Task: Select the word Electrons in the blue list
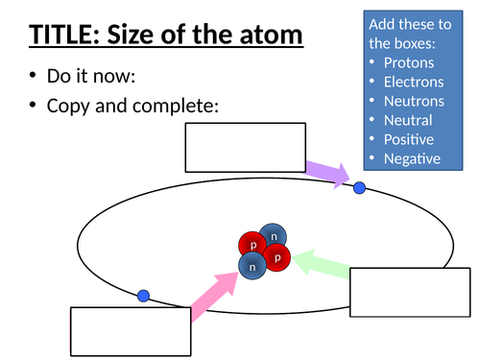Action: coord(414,83)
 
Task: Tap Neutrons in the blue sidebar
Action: coord(414,101)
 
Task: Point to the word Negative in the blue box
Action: coord(412,158)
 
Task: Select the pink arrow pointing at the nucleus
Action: coord(215,294)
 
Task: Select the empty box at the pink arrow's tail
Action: coord(130,330)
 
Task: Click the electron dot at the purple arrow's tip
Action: coord(360,187)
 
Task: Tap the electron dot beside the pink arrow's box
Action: coord(143,296)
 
